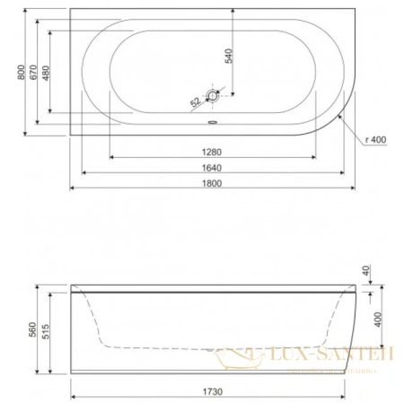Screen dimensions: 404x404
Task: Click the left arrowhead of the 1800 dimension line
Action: [x=72, y=189]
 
